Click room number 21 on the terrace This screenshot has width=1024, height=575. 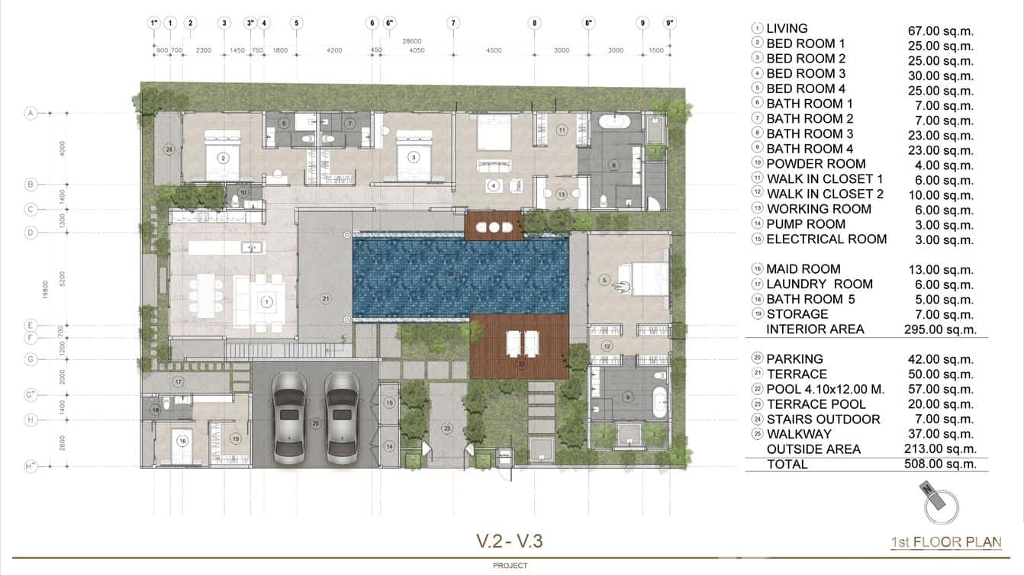[325, 298]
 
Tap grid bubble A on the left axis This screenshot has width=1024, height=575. [31, 113]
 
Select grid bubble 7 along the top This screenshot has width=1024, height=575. [453, 23]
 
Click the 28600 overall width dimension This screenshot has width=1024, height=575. [412, 40]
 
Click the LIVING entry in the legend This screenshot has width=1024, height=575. [787, 29]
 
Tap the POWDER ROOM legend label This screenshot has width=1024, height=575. [816, 164]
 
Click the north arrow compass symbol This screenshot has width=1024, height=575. [939, 503]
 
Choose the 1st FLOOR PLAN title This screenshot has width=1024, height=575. [946, 542]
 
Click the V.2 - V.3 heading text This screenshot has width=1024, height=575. [510, 541]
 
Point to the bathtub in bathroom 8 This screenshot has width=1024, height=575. [614, 120]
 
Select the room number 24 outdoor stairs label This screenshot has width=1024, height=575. [169, 149]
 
